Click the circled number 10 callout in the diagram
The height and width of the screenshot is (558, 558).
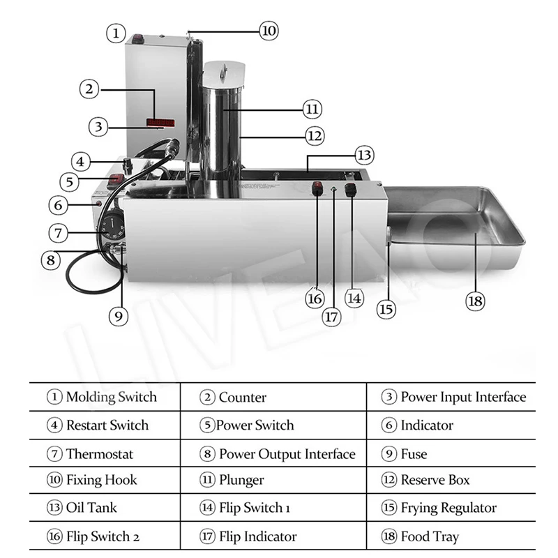click(269, 30)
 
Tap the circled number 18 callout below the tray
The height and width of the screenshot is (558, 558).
click(474, 301)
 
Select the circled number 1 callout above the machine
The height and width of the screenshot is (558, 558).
click(116, 32)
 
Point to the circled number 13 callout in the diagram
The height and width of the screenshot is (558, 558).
click(363, 154)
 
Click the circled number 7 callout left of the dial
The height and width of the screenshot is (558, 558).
click(59, 232)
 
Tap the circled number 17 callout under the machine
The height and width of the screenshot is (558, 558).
click(331, 316)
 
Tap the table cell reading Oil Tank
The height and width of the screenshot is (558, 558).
click(105, 508)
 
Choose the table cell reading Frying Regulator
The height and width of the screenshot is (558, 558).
click(451, 508)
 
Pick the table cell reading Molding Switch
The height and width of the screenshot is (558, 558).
click(105, 398)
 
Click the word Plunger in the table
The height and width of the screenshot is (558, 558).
click(241, 480)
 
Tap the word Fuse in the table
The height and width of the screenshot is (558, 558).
click(414, 454)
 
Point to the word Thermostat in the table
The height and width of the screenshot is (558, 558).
click(100, 454)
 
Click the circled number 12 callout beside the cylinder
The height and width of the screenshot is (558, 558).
click(315, 135)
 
